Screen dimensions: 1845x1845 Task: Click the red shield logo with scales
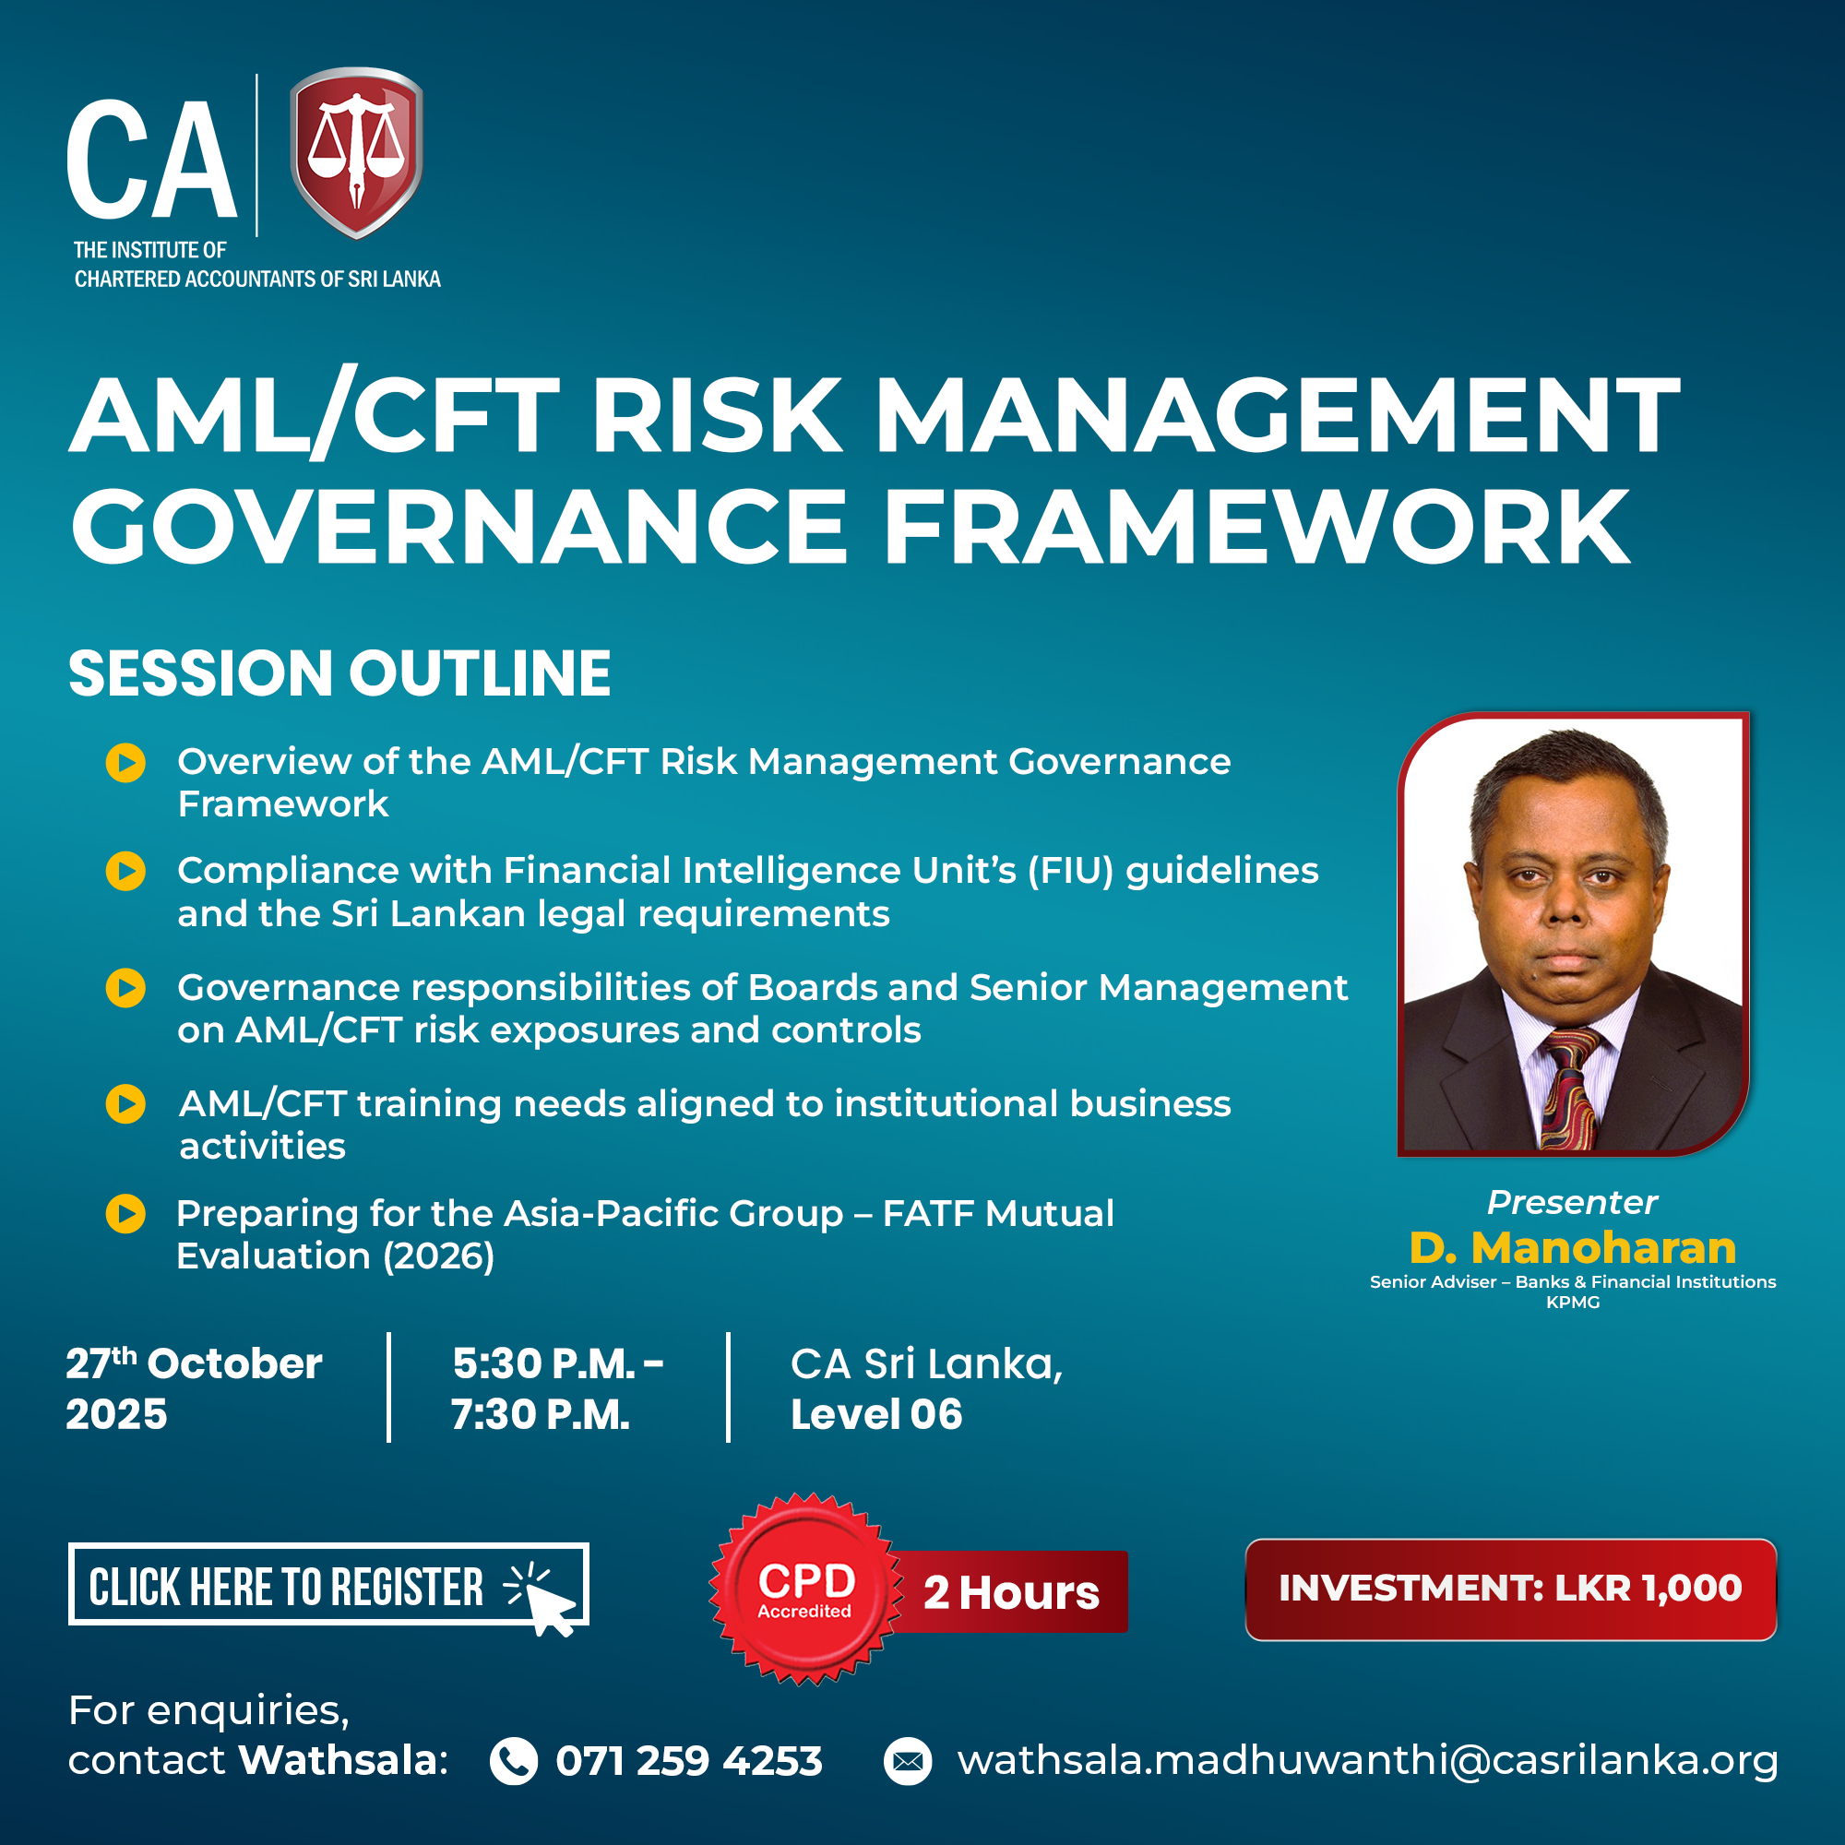point(356,152)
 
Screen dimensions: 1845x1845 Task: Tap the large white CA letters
point(151,160)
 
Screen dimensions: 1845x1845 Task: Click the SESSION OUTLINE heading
point(339,673)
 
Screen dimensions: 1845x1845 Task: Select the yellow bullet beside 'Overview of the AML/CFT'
point(125,763)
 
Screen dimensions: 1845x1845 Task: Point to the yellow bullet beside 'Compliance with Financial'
point(125,871)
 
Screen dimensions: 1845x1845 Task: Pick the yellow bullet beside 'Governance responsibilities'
point(125,987)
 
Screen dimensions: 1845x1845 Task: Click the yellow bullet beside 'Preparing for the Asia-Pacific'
point(125,1214)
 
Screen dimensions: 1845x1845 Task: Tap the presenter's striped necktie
point(1569,1089)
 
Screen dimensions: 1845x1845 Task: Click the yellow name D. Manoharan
point(1572,1247)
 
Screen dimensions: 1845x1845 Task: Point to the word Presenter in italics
point(1572,1202)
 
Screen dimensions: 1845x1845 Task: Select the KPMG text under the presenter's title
point(1573,1303)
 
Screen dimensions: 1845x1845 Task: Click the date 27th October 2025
point(194,1388)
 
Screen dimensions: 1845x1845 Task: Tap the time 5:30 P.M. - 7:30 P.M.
point(557,1388)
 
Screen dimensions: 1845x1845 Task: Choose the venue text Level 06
point(875,1414)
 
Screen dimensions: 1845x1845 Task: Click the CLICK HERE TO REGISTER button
point(328,1584)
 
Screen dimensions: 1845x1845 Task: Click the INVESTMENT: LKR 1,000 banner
point(1511,1589)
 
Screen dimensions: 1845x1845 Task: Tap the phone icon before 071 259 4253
point(514,1761)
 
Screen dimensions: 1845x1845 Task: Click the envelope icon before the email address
point(907,1761)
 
